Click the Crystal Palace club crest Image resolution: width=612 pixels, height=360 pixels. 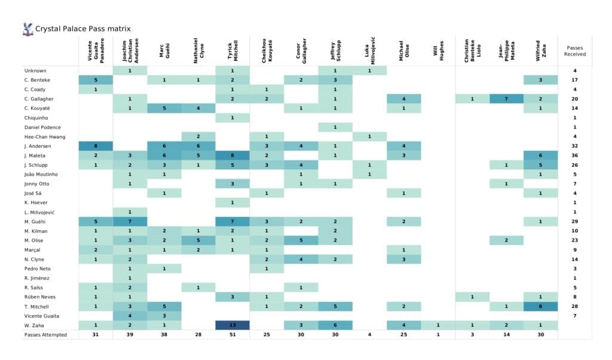click(27, 28)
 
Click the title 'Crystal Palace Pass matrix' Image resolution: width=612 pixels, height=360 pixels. click(82, 29)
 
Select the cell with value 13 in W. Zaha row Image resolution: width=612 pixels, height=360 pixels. click(232, 325)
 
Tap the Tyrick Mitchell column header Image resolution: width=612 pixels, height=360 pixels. click(232, 51)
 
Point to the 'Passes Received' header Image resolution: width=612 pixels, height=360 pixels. click(574, 50)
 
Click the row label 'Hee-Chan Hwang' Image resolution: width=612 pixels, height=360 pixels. click(42, 136)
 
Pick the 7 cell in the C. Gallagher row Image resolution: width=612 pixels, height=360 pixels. click(506, 99)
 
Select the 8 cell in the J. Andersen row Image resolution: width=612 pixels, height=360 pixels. click(96, 146)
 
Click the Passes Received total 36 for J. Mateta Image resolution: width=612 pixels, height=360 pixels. click(574, 155)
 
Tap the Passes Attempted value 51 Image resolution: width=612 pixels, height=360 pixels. click(232, 335)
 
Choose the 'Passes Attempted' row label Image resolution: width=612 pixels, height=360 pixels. click(46, 335)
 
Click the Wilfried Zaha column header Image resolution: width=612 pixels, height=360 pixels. click(540, 51)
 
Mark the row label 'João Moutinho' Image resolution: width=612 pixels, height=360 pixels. click(41, 174)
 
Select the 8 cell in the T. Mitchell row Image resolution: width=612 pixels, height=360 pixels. click(540, 306)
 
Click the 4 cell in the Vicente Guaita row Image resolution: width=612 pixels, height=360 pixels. click(130, 316)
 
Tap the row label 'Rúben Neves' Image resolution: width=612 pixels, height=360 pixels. click(38, 297)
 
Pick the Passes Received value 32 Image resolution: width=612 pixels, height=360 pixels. click(574, 146)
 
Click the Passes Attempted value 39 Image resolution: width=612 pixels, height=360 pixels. click(130, 335)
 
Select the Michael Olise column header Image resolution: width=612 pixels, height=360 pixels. click(403, 51)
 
